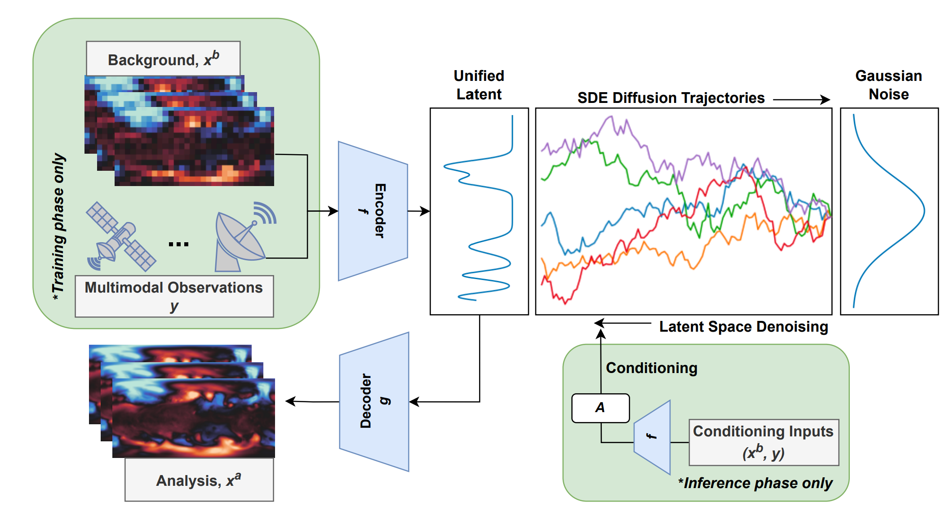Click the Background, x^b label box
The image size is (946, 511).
pyautogui.click(x=163, y=59)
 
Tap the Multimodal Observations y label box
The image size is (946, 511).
pyautogui.click(x=174, y=296)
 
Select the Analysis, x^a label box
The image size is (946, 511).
pyautogui.click(x=199, y=480)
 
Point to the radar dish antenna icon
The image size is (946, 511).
pyautogui.click(x=243, y=238)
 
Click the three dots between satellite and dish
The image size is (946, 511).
pyautogui.click(x=178, y=244)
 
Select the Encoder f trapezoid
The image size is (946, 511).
pyautogui.click(x=373, y=211)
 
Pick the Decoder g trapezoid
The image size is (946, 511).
pyautogui.click(x=374, y=401)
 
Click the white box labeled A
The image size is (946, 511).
pyautogui.click(x=600, y=408)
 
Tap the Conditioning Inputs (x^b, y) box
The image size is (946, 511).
pyautogui.click(x=764, y=442)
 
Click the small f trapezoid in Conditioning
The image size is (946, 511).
pyautogui.click(x=653, y=436)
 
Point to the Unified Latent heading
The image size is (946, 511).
pyautogui.click(x=479, y=85)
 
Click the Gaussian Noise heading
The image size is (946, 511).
pyautogui.click(x=888, y=85)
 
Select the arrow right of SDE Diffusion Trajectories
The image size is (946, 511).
pyautogui.click(x=801, y=99)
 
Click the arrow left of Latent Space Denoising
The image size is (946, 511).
pyautogui.click(x=622, y=323)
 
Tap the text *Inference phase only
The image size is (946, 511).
pyautogui.click(x=755, y=483)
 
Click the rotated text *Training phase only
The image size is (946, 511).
pyautogui.click(x=58, y=227)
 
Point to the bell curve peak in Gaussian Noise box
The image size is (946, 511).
pyautogui.click(x=924, y=210)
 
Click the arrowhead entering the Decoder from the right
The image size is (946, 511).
pyautogui.click(x=414, y=402)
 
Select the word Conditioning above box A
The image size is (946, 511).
pyautogui.click(x=652, y=368)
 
